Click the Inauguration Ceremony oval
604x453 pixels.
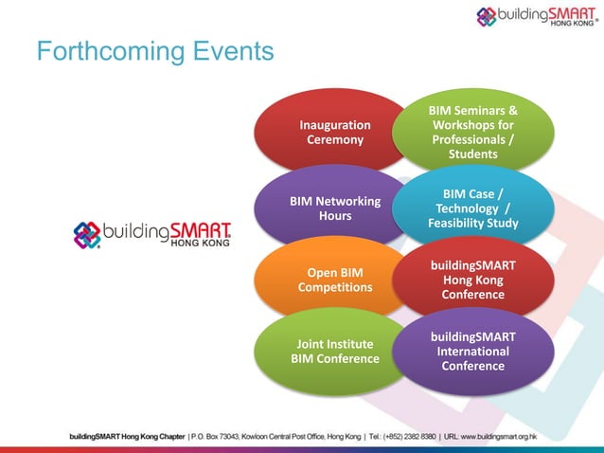tap(334, 133)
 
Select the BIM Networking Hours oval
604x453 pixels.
tap(334, 208)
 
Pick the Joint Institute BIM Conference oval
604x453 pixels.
tap(334, 352)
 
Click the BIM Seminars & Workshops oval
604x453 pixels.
tap(472, 133)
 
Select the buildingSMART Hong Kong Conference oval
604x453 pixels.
tap(472, 281)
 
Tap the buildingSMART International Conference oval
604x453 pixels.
tap(472, 352)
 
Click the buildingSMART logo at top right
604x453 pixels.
tap(538, 16)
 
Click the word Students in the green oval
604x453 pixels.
tap(472, 154)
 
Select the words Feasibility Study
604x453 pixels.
tap(472, 225)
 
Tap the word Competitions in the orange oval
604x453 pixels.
tap(334, 287)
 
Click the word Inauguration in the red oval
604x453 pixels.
tap(334, 124)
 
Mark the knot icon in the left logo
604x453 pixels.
tap(87, 234)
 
